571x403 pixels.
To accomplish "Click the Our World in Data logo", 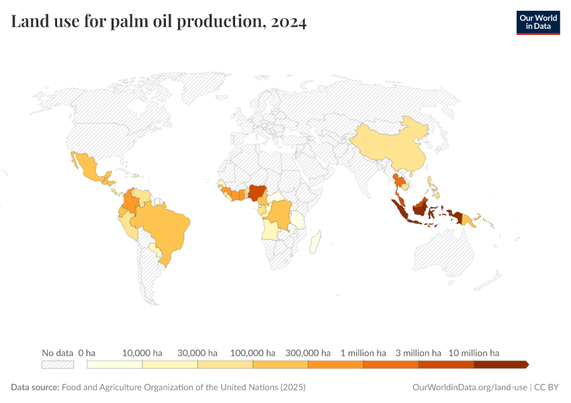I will [537, 21].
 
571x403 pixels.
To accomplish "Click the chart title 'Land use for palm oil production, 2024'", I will [159, 22].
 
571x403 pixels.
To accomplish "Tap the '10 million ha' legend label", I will [474, 353].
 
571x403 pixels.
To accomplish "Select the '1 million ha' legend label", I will [363, 353].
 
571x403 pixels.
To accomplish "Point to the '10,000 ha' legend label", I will [142, 353].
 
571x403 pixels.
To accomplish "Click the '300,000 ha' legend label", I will [308, 353].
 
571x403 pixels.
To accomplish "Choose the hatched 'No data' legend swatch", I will [57, 365].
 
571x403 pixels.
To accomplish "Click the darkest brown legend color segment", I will [500, 365].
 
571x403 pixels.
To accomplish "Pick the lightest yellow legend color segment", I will [115, 365].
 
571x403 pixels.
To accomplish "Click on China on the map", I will [390, 144].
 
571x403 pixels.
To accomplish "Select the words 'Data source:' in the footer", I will [35, 388].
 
